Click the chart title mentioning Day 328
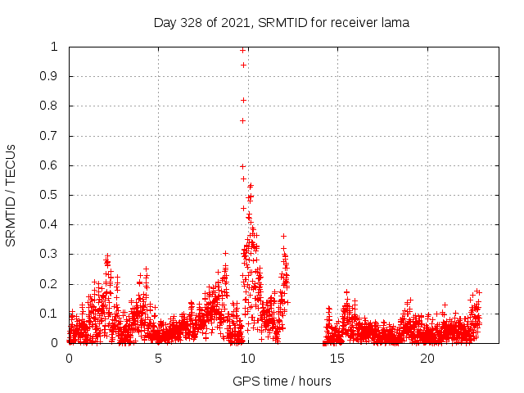tap(282, 23)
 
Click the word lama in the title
tap(395, 23)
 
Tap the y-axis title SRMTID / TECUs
tap(11, 196)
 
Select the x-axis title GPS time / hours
tap(282, 381)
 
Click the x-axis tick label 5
tap(158, 359)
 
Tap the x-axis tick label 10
tap(248, 359)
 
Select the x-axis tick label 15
tap(337, 359)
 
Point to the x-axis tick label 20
tap(427, 359)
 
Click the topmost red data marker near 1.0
tap(243, 50)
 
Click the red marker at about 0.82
tap(244, 100)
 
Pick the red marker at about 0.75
tap(242, 120)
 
